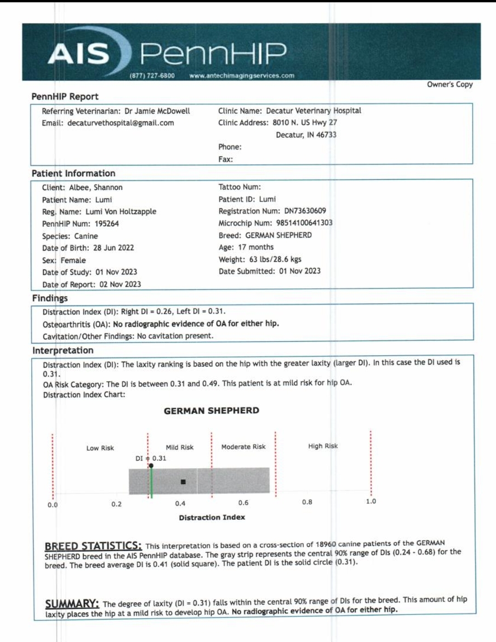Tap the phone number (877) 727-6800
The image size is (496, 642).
(x=153, y=75)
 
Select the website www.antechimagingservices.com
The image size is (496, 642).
(x=242, y=75)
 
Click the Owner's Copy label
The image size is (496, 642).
(x=450, y=84)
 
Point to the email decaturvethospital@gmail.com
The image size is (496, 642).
(x=120, y=123)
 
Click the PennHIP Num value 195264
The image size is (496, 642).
(x=107, y=224)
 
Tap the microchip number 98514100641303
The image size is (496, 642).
(x=304, y=223)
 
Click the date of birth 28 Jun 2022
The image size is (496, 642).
(x=114, y=248)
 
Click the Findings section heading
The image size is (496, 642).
(x=50, y=298)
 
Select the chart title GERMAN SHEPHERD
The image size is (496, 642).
(x=211, y=410)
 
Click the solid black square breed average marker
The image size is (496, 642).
(x=183, y=481)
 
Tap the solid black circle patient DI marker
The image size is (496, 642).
(x=151, y=465)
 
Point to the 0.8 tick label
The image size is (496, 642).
(x=307, y=502)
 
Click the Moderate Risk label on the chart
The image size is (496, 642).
(x=243, y=447)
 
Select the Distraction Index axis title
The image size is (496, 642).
(x=212, y=517)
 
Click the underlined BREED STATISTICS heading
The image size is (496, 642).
(x=93, y=546)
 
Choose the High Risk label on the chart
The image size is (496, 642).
(x=323, y=446)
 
